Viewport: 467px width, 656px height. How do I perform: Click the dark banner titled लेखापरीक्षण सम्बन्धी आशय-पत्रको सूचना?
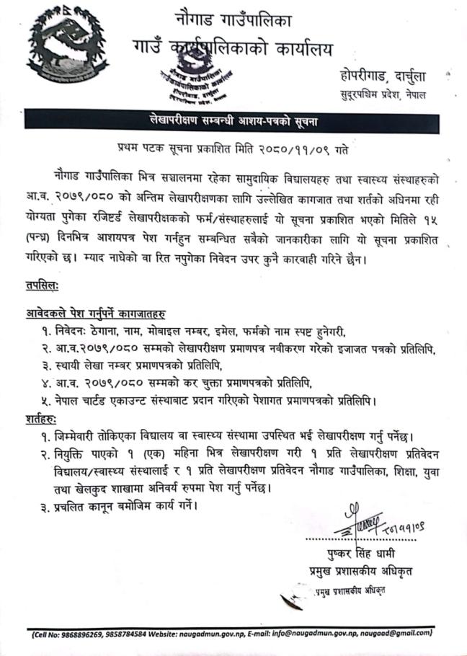tap(233, 120)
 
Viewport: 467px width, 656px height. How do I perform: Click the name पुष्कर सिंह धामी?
tap(363, 555)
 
